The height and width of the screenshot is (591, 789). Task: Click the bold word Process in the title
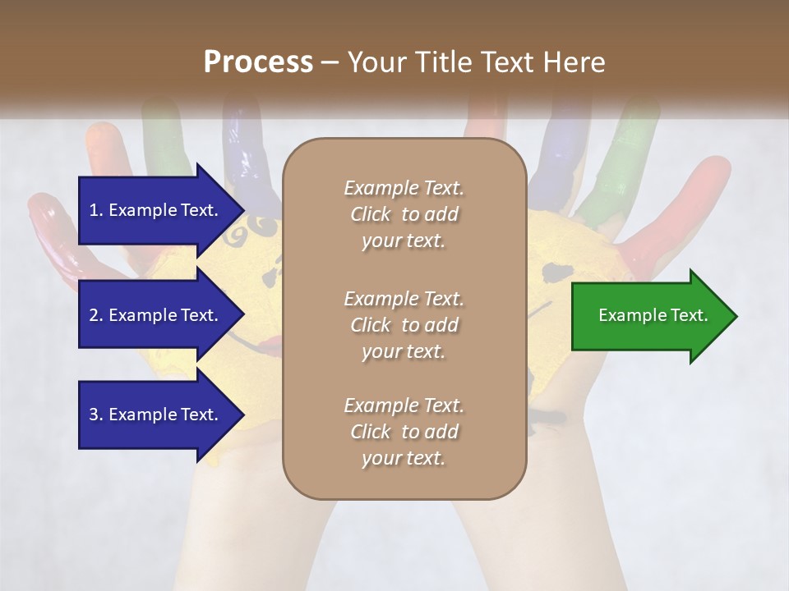click(x=258, y=62)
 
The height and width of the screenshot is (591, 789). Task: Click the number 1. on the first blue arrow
click(x=96, y=210)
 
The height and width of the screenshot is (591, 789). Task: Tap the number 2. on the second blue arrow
click(x=96, y=315)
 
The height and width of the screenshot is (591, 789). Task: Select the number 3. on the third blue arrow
click(x=96, y=415)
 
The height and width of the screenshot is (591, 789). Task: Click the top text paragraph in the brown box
click(x=404, y=214)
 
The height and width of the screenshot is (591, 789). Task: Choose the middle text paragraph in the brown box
click(x=404, y=324)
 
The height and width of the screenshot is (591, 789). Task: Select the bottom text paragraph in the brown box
click(x=404, y=432)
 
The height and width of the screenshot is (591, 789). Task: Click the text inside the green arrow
click(x=653, y=315)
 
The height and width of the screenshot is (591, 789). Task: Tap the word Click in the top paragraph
click(x=371, y=214)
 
